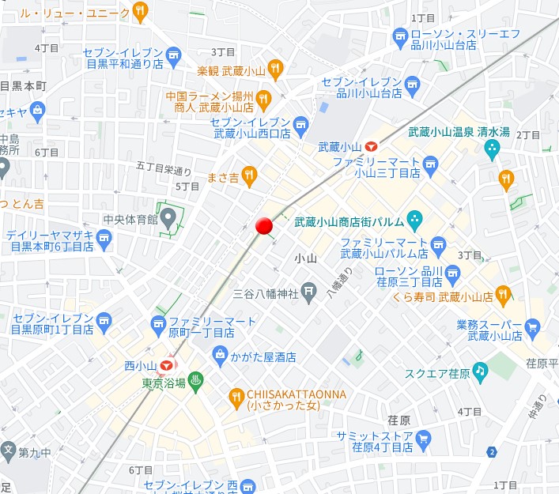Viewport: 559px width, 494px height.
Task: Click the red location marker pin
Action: tap(264, 225)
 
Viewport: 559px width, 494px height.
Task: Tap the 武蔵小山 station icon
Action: tap(372, 146)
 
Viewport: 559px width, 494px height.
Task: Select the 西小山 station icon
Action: tap(166, 366)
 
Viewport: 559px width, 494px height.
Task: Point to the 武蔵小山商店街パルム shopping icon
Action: tap(414, 219)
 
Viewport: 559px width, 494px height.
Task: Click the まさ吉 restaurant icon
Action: tap(250, 175)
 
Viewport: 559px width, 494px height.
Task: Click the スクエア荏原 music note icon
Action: tap(479, 371)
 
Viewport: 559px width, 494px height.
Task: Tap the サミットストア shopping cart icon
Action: tap(423, 438)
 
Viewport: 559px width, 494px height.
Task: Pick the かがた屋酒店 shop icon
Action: tap(220, 356)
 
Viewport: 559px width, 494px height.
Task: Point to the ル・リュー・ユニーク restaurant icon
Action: tap(141, 11)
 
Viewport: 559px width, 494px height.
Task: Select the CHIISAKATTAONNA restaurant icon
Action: tap(236, 396)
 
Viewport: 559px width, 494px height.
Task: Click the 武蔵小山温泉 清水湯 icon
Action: tap(493, 148)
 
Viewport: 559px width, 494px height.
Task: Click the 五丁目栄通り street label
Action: tap(164, 168)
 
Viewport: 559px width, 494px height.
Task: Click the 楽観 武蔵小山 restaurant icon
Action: tap(274, 70)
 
